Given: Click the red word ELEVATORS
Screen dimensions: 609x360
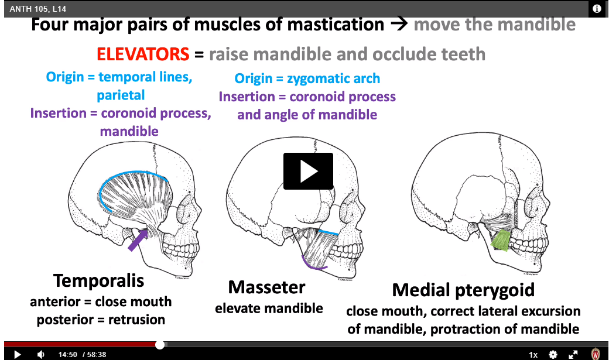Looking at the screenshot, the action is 143,54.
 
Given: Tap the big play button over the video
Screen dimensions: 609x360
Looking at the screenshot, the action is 308,172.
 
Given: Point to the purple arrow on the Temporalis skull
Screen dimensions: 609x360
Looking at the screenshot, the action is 138,240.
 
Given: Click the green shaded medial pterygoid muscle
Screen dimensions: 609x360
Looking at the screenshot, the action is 501,240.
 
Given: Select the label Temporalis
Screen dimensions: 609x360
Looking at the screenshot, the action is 98,281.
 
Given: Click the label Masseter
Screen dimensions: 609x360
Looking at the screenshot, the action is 266,287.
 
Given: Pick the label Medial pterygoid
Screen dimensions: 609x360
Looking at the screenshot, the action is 463,290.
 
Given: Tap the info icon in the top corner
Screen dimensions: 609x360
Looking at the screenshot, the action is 597,9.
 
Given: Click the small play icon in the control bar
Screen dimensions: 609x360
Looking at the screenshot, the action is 17,354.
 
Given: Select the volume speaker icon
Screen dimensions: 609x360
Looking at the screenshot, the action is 41,354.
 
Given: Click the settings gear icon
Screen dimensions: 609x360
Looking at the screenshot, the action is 553,354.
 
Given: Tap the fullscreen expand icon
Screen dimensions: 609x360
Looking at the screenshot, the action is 573,354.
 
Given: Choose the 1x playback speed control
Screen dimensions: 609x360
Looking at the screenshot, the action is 533,355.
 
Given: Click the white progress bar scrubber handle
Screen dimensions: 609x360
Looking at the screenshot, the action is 160,344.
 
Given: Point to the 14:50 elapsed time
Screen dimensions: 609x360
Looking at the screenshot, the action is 67,355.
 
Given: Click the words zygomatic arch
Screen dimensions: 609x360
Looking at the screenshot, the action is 333,78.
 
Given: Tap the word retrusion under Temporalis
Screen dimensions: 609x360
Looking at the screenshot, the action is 136,320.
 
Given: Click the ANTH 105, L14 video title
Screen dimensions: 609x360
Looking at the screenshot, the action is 37,9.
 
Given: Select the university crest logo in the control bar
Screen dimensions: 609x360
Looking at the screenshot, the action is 596,354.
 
